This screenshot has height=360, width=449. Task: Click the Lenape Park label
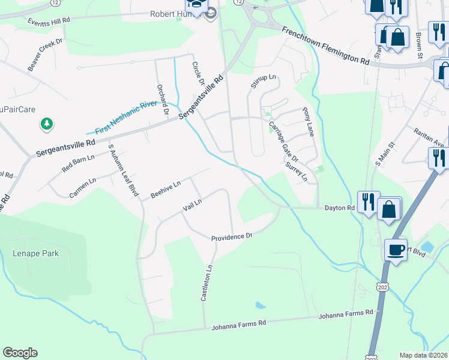pyautogui.click(x=35, y=253)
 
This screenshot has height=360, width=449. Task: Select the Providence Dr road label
pyautogui.click(x=232, y=237)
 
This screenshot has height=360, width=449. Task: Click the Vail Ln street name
pyautogui.click(x=192, y=206)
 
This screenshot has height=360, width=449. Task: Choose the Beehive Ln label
pyautogui.click(x=166, y=190)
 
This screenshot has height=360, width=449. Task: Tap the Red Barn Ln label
pyautogui.click(x=78, y=164)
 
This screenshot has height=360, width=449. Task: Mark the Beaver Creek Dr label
pyautogui.click(x=45, y=55)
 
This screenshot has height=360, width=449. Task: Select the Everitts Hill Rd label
pyautogui.click(x=49, y=20)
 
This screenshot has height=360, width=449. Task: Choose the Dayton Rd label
pyautogui.click(x=340, y=208)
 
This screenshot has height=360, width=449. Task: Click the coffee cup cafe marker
pyautogui.click(x=396, y=249)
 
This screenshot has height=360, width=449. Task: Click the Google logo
pyautogui.click(x=20, y=353)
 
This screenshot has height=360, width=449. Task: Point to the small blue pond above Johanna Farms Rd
pyautogui.click(x=260, y=305)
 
